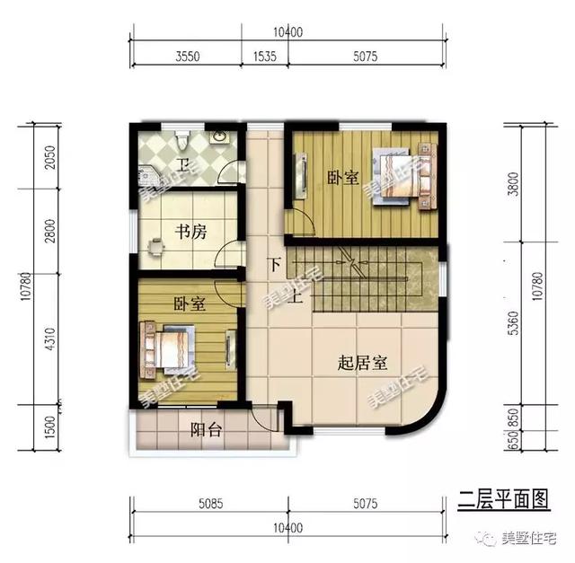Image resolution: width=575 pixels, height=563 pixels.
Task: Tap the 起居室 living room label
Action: (362, 364)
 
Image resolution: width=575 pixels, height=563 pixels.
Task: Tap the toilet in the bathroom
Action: (183, 140)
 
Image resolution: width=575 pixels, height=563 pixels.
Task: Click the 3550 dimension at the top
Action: (188, 56)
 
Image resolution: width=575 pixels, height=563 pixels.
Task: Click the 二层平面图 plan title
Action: (503, 495)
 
